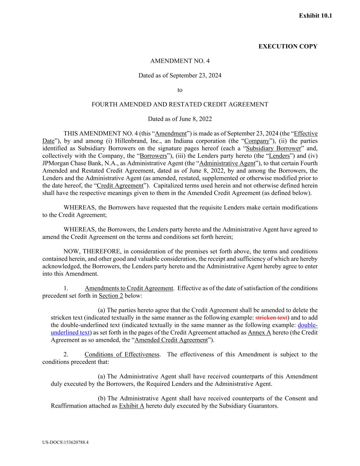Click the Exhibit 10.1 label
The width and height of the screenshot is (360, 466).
point(315,16)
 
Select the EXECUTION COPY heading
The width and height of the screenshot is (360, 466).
point(288,46)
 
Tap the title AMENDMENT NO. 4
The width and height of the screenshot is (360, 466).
point(180,61)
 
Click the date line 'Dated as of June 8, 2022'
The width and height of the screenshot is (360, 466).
point(180,119)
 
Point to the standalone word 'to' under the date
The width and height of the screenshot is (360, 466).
point(180,90)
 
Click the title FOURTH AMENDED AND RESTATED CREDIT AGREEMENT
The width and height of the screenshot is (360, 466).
point(180,104)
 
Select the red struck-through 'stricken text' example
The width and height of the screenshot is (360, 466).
point(271,318)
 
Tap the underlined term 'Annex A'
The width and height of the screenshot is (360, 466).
point(259,333)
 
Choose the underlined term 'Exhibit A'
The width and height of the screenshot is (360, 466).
point(131,406)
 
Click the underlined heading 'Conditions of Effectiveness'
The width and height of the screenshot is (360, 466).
point(122,354)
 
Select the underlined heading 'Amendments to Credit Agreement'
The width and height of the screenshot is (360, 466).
point(129,288)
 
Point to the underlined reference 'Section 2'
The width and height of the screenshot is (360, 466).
point(111,296)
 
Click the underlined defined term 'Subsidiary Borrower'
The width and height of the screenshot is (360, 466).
point(273,149)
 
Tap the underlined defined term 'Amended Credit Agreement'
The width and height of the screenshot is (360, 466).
point(171,340)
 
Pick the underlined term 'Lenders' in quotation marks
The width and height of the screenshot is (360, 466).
point(279,156)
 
